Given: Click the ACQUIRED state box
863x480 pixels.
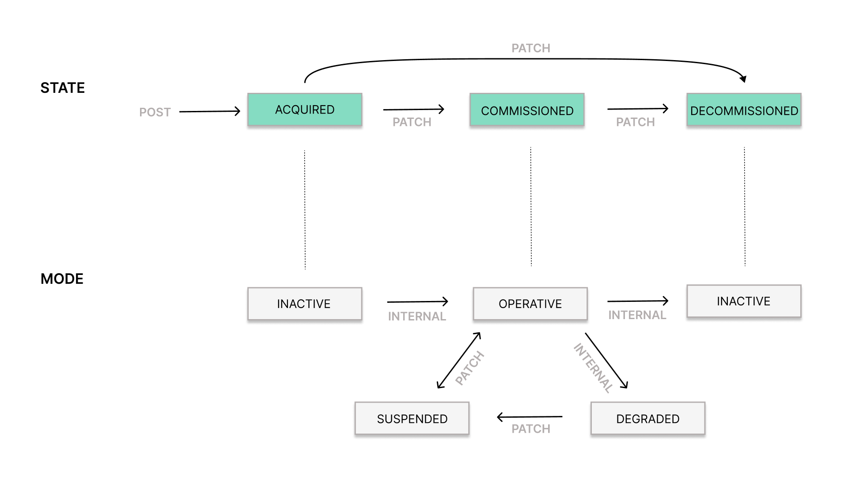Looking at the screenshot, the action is (x=305, y=110).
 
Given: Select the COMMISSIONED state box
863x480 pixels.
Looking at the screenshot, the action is (x=527, y=110).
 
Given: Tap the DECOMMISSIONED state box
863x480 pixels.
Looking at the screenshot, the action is (x=744, y=110).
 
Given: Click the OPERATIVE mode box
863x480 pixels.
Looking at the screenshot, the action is (x=530, y=304).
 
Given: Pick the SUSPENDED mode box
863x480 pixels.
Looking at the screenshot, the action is (x=412, y=419).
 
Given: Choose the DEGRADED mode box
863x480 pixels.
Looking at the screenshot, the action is (x=648, y=419).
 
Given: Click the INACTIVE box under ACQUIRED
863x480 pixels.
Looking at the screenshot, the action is (x=305, y=304).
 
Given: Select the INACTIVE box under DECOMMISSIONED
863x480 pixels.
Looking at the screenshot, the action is (x=744, y=301).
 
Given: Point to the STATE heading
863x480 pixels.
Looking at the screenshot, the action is (x=63, y=88).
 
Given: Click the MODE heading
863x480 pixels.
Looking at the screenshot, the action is (x=62, y=279).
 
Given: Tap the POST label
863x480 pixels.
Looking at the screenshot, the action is (x=155, y=112).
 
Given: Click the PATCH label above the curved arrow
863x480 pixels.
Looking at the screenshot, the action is (x=531, y=48).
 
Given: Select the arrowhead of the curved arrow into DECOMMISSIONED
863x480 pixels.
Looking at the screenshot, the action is (x=743, y=79).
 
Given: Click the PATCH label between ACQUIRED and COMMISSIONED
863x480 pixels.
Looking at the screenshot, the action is (x=412, y=122).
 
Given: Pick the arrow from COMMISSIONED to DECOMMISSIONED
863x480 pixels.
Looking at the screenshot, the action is (x=638, y=109).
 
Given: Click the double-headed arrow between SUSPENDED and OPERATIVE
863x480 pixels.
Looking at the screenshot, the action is (x=459, y=360).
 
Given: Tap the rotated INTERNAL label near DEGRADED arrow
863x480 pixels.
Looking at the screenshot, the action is (x=594, y=368).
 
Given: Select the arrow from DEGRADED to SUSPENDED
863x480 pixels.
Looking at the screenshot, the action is (x=530, y=417).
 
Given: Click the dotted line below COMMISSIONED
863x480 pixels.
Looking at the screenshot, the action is (x=531, y=206).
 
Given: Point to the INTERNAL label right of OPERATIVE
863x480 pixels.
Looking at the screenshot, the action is (x=637, y=315).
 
